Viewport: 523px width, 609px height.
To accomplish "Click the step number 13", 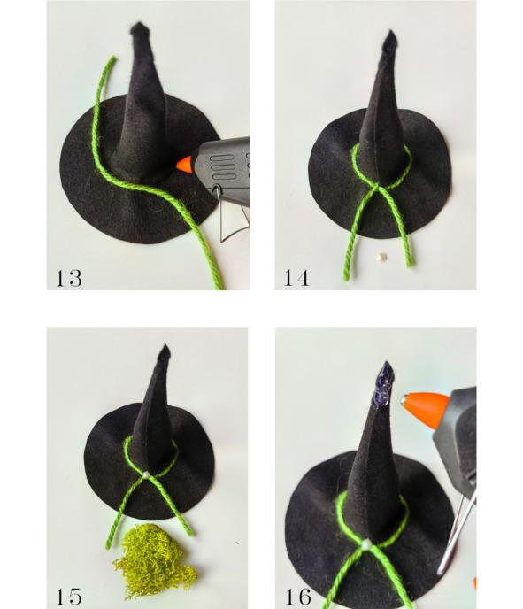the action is pos(69,278).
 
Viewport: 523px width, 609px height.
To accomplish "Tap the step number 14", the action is pos(297,278).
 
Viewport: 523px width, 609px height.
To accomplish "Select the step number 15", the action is pos(69,597).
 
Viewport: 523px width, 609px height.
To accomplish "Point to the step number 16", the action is pos(298,597).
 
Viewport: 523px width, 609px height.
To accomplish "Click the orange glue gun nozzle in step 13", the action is pos(184,164).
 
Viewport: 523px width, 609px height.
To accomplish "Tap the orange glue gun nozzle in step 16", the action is pos(425,410).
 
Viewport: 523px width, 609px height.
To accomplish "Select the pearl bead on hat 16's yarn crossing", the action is pos(365,544).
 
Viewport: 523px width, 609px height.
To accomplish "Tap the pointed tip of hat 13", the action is pos(138,24).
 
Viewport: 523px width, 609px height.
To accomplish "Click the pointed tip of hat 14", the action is pos(390,31).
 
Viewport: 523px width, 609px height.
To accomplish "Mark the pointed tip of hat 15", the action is pos(165,346).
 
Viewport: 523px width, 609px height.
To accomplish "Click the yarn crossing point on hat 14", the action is pos(376,188).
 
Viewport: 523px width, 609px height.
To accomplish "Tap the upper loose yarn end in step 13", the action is pos(113,58).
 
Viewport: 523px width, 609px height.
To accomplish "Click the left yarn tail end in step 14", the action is pos(346,278).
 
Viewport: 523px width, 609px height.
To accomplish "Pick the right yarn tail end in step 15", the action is pos(190,533).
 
